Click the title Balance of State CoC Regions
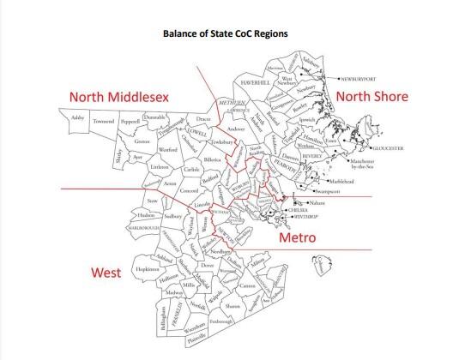pyautogui.click(x=229, y=38)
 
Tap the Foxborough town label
pyautogui.click(x=220, y=321)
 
